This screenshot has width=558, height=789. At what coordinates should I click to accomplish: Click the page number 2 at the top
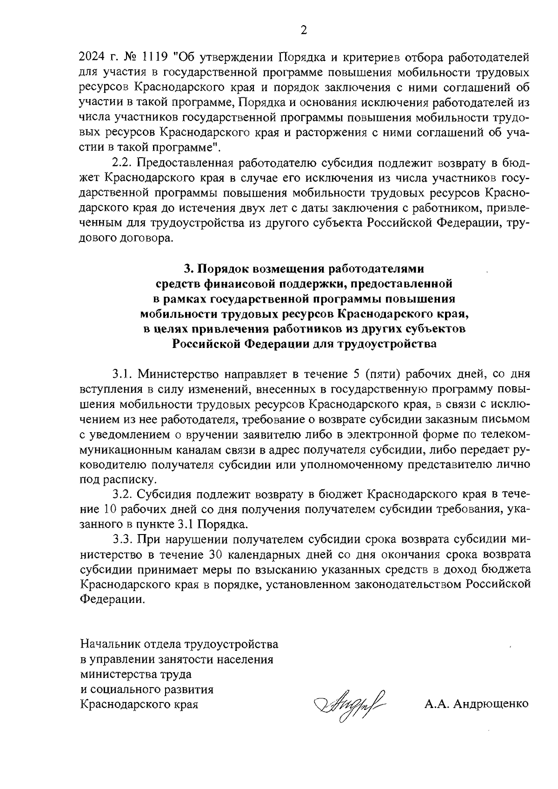[x=304, y=31]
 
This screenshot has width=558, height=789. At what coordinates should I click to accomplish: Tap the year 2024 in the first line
[x=94, y=58]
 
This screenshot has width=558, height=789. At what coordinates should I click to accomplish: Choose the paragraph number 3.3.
[x=123, y=540]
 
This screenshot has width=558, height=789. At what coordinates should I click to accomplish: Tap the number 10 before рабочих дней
[x=108, y=509]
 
